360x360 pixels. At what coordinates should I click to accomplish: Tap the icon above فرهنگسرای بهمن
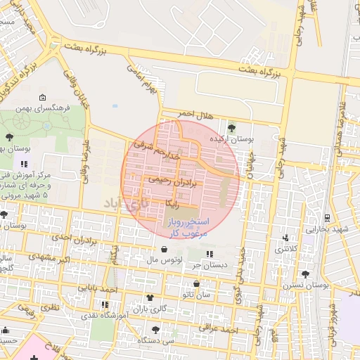[43, 97]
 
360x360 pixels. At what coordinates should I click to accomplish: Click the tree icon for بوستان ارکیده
[232, 127]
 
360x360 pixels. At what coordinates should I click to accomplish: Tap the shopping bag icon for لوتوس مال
[164, 249]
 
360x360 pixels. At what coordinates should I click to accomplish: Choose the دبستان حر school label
[212, 265]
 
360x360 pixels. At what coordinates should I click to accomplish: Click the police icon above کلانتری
[285, 238]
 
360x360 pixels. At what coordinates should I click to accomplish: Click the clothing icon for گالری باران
[149, 297]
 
